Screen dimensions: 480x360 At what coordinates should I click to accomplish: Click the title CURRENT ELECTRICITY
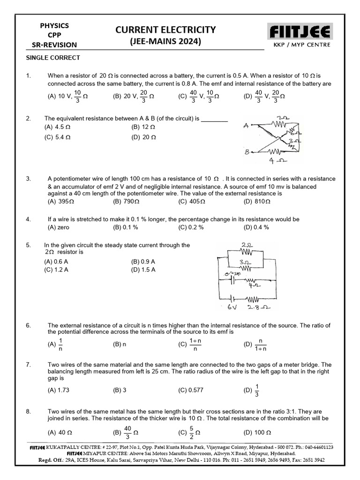click(166, 30)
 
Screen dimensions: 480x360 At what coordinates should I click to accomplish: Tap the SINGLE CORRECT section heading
click(52, 58)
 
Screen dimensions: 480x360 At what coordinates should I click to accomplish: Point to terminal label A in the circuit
click(246, 126)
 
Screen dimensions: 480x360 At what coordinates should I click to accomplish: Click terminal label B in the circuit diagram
click(246, 151)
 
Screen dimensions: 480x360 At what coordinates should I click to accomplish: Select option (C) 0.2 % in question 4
click(191, 227)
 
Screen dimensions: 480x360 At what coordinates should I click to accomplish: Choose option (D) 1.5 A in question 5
click(143, 270)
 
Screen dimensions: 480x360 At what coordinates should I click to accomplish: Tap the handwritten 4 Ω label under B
click(275, 160)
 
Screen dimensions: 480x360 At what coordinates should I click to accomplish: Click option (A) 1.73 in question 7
click(59, 390)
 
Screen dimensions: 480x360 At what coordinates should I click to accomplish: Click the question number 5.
click(28, 245)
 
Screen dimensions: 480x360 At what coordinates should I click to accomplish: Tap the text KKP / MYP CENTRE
click(301, 45)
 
